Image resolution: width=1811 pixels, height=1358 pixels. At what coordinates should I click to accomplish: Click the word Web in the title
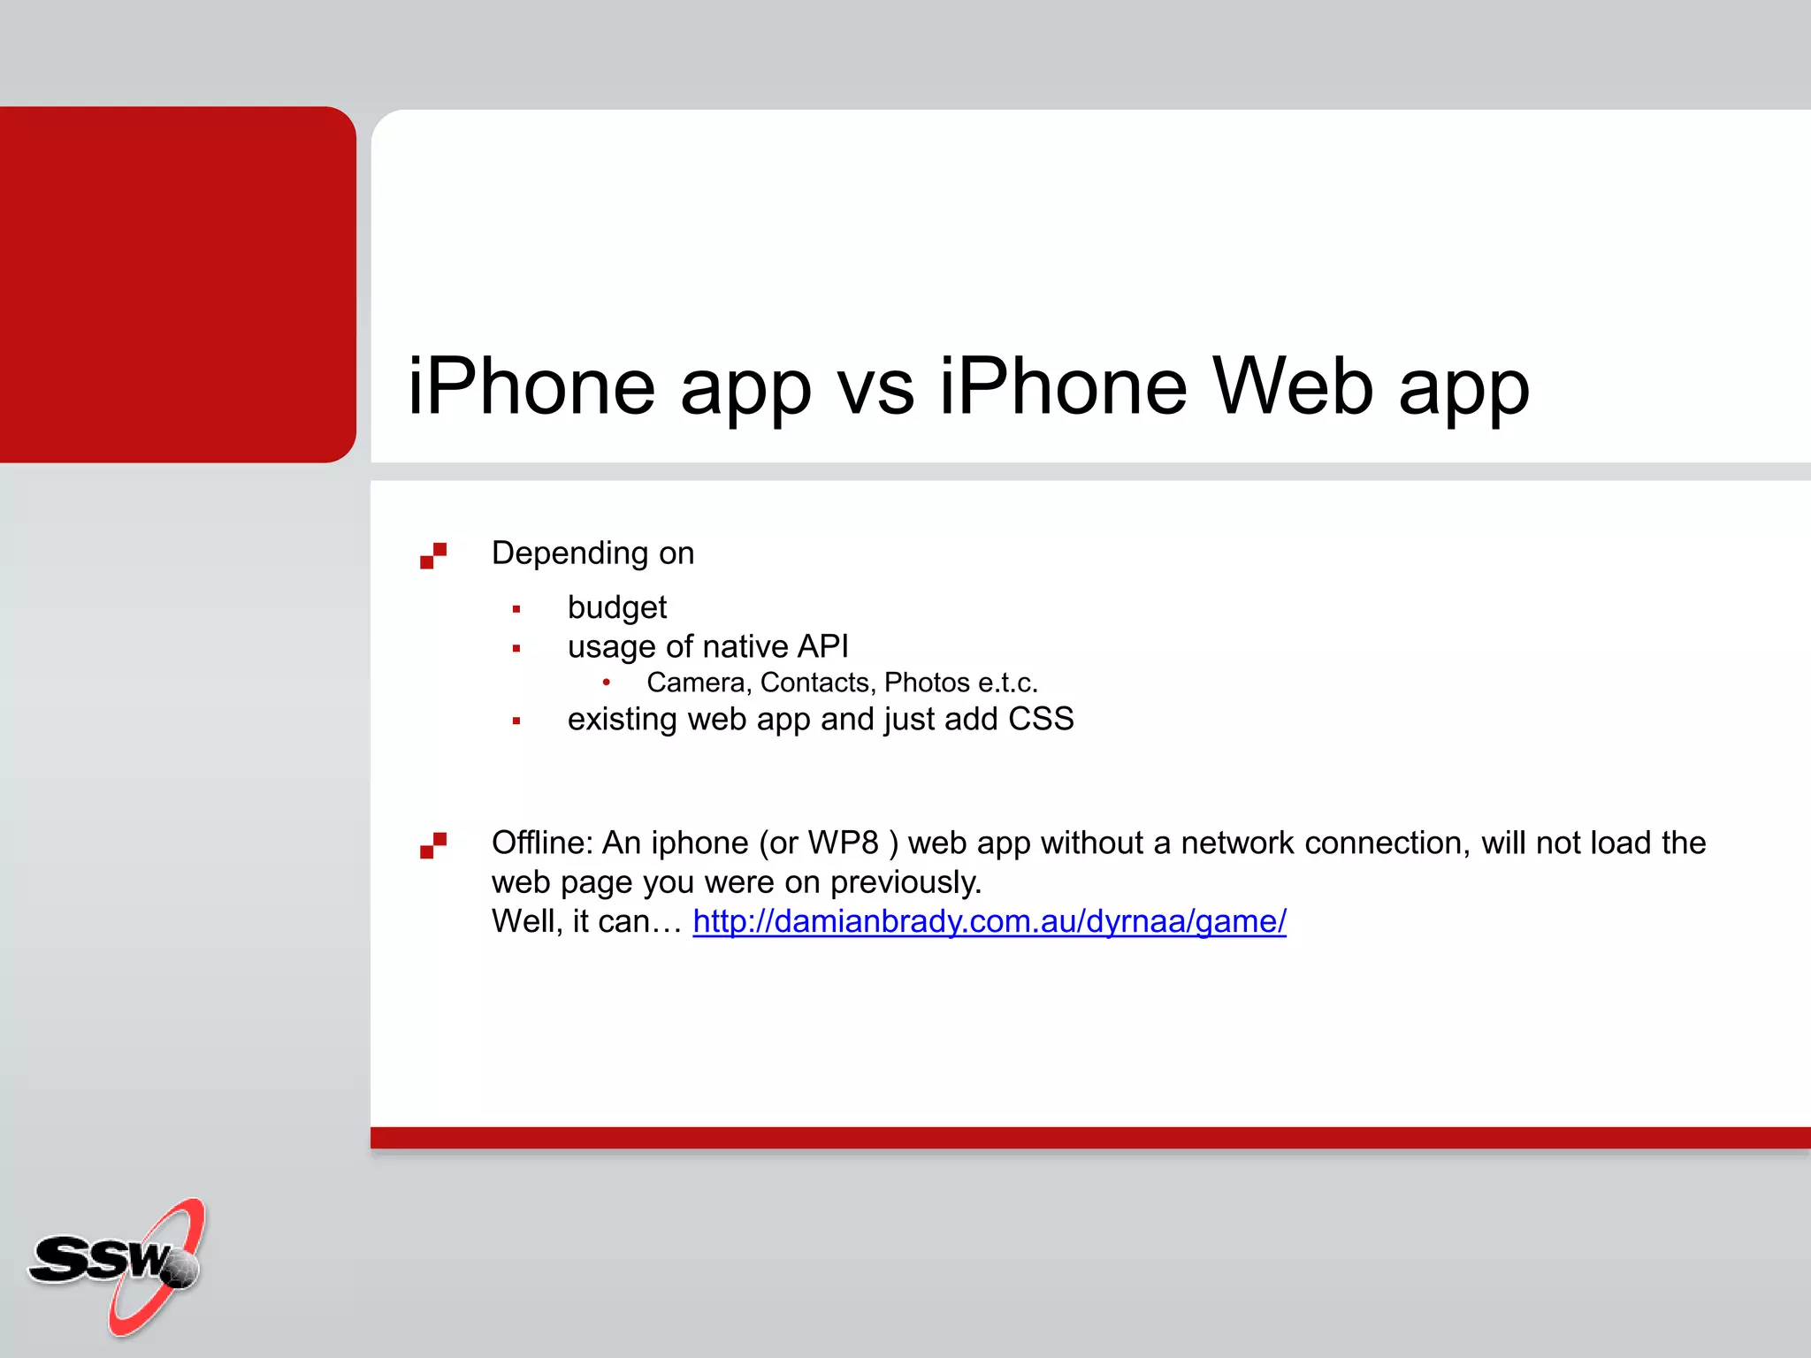pos(1292,386)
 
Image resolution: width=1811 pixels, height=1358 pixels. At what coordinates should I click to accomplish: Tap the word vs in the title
pos(875,386)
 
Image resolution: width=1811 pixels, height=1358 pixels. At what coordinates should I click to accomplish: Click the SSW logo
pos(118,1265)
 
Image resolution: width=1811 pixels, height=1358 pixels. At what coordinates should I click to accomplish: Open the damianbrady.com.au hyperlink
pos(989,921)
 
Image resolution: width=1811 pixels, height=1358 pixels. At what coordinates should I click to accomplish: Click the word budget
pos(616,608)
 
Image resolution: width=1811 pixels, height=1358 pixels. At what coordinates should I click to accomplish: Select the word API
pos(822,646)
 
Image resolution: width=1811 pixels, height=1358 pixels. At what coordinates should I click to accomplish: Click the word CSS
pos(1041,719)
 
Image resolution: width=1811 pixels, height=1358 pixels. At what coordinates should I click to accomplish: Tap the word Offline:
pos(542,843)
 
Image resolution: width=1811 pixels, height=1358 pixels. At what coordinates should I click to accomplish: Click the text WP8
pos(843,843)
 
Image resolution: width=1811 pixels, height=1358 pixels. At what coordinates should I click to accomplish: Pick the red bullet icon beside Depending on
pos(433,555)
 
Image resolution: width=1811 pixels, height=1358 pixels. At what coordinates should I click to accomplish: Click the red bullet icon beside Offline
pos(433,845)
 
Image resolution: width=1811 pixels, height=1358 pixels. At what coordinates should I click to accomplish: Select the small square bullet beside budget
pos(516,609)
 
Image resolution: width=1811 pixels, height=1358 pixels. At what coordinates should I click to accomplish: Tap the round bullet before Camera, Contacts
pos(607,682)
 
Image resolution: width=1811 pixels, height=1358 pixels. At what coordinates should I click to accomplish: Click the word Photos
pos(927,683)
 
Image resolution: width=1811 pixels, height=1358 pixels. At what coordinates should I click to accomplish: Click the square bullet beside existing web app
pos(516,721)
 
